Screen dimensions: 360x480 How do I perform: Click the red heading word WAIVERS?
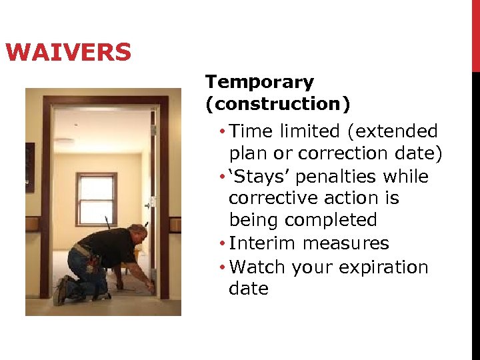[x=68, y=52]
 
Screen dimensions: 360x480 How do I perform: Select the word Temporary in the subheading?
[x=259, y=83]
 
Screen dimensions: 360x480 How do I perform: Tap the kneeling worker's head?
[x=137, y=232]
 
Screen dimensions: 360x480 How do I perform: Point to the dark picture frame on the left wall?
[x=29, y=167]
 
